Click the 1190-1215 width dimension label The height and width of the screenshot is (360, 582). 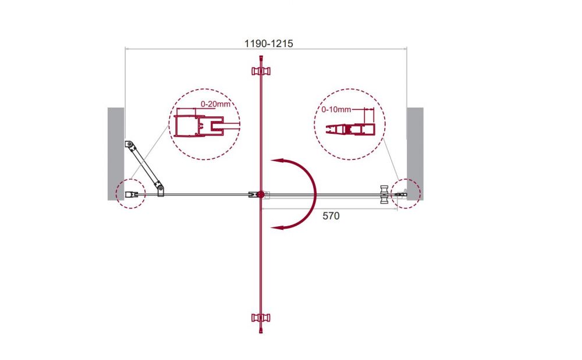point(268,44)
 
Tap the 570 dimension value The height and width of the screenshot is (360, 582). point(331,216)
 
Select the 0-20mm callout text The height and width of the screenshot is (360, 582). point(215,104)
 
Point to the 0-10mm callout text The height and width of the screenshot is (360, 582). point(336,109)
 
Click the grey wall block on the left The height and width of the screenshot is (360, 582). point(116,154)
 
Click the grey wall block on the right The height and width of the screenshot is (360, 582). point(415,154)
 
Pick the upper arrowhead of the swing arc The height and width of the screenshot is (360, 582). point(276,161)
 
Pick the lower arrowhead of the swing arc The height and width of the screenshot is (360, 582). point(276,227)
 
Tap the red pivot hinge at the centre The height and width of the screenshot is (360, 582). point(261,194)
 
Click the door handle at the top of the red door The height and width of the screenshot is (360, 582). point(261,70)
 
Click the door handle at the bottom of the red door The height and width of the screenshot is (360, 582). point(261,318)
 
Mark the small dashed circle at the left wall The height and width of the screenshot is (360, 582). point(130,194)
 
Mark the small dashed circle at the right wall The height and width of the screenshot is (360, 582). point(406,194)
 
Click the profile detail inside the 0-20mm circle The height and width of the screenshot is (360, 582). point(199,126)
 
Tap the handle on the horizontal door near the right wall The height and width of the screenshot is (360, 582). point(384,194)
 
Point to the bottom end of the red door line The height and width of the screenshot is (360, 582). point(261,332)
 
